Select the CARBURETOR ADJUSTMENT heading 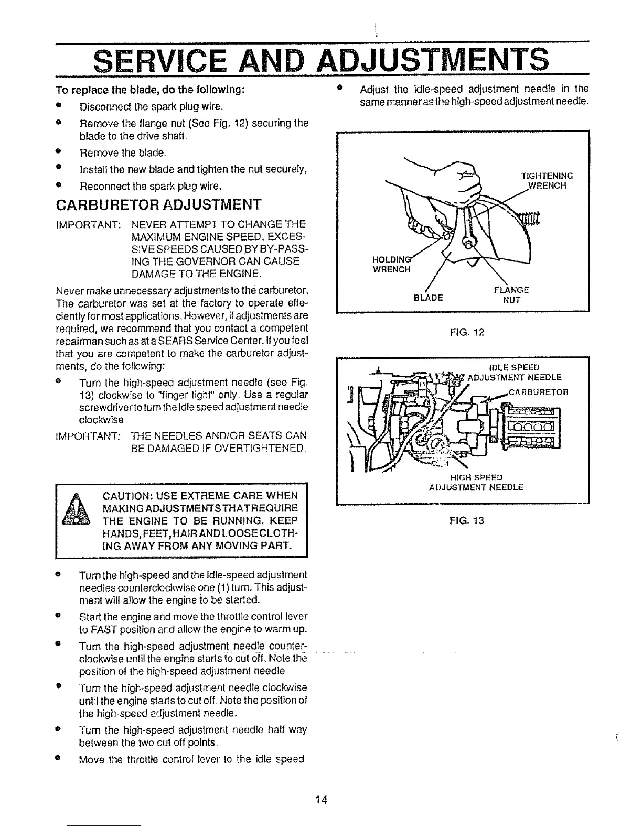point(158,203)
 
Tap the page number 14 point(321,800)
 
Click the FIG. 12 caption point(462,332)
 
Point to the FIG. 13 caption point(462,520)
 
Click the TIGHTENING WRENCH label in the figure point(547,180)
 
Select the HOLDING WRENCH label point(391,265)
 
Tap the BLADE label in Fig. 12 point(429,298)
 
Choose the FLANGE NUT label point(511,294)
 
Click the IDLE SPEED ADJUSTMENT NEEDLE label point(514,372)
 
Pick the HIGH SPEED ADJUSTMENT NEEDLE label point(476,482)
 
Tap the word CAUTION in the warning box point(124,496)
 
